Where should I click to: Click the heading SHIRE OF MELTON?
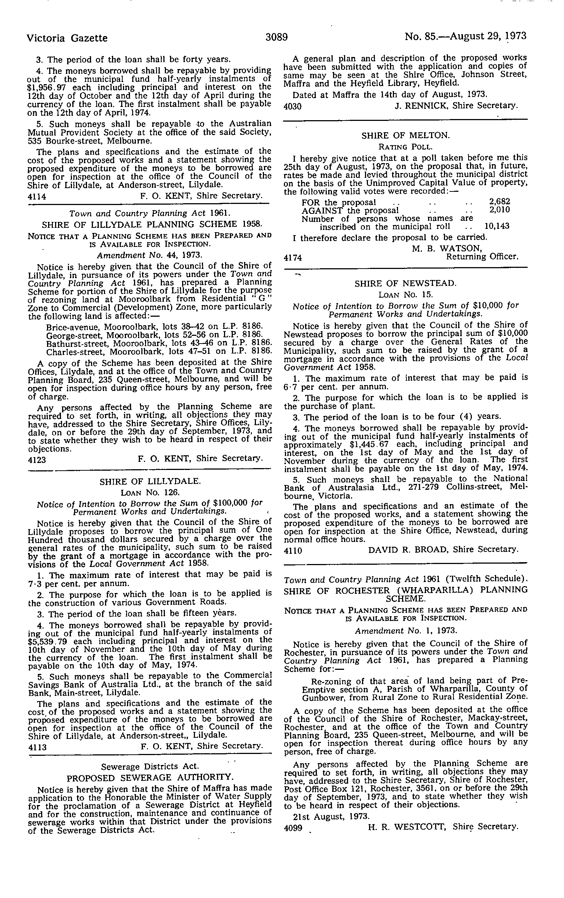406,135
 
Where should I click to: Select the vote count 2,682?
499,202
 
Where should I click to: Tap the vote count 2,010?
499,209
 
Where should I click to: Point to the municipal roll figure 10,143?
496,226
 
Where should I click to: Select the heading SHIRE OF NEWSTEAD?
405,283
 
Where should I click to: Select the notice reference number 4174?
293,257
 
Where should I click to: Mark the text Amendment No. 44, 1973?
149,255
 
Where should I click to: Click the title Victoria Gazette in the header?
68,38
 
